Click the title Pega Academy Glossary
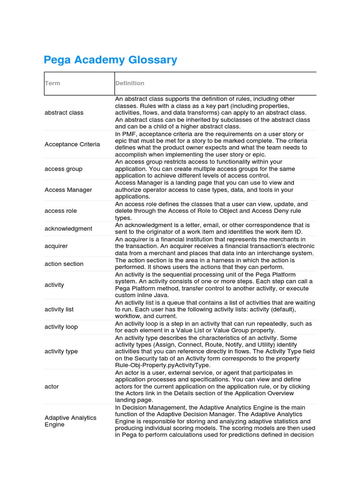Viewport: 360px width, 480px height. point(110,60)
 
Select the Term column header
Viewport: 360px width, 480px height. point(52,83)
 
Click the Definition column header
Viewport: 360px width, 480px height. point(130,83)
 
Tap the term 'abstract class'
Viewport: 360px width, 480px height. point(64,112)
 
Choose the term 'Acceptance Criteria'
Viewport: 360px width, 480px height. point(72,144)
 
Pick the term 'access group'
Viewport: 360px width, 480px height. point(63,169)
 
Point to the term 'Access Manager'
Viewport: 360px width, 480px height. point(68,190)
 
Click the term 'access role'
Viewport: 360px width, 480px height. point(60,211)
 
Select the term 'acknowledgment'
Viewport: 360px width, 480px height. point(68,228)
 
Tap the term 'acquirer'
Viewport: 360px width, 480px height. point(56,246)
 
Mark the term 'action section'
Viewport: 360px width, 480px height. point(64,263)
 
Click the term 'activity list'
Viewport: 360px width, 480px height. point(59,309)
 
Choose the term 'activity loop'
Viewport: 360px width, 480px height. point(61,327)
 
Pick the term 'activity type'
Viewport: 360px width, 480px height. point(61,352)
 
